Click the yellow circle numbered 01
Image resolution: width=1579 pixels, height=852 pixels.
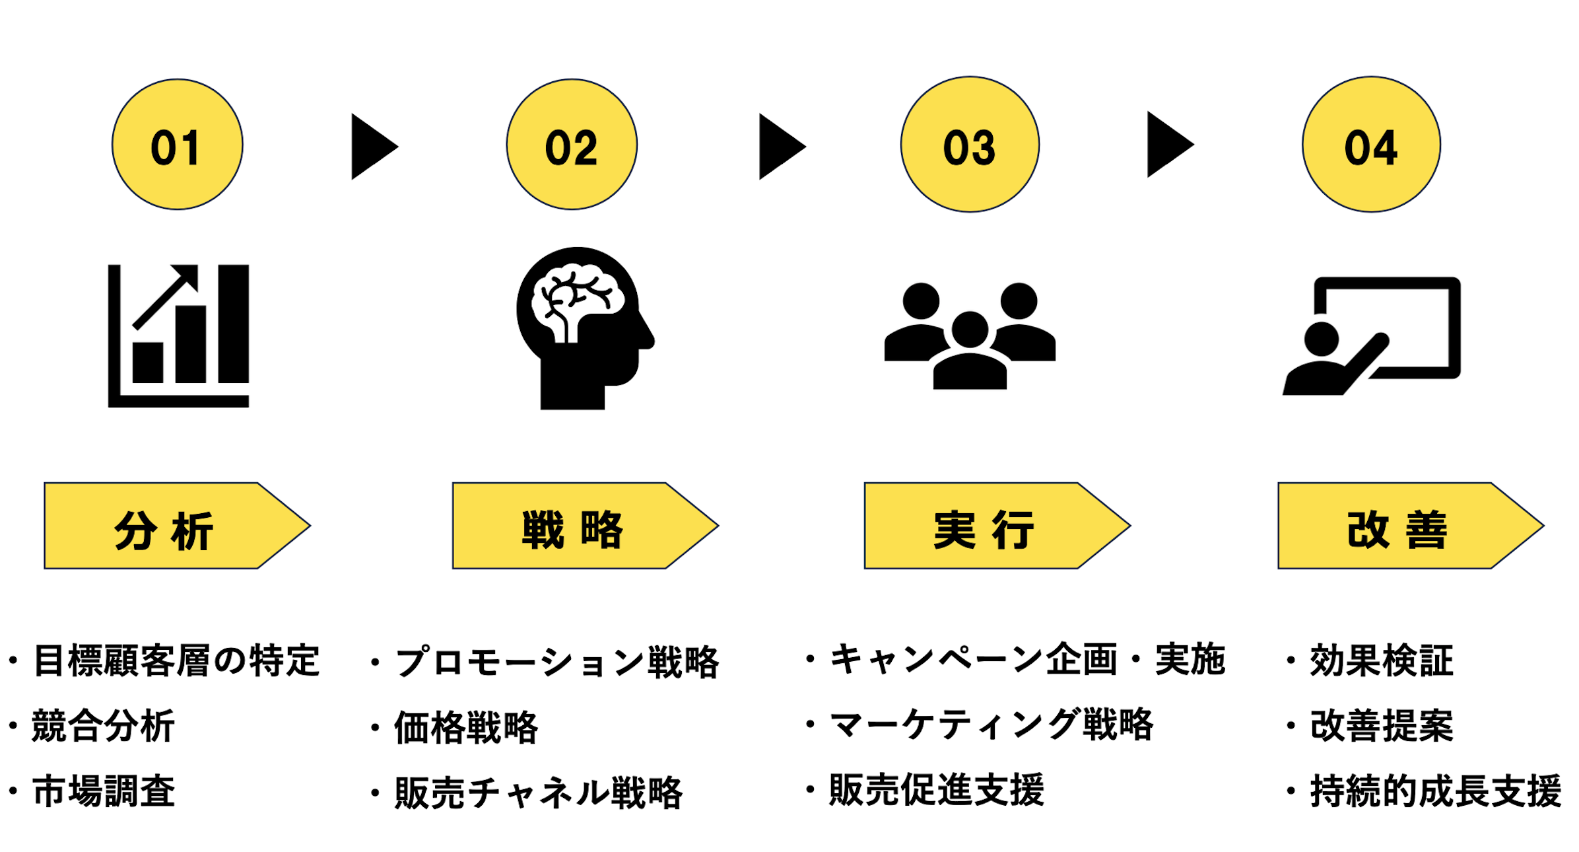coord(177,145)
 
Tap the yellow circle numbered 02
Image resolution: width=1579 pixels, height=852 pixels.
coord(572,145)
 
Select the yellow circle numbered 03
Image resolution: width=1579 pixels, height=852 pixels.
coord(970,145)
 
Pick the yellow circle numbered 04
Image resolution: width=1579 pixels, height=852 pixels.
coord(1371,145)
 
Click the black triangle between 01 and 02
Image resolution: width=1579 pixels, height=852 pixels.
coord(372,147)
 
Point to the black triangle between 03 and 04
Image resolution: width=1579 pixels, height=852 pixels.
coord(1168,145)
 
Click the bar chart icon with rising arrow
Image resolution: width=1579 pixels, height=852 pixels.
coord(179,336)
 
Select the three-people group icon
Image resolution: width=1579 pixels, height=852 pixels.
coord(970,336)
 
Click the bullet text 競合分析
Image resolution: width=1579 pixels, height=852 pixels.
coord(102,726)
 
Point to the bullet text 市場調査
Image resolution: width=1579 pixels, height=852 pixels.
coord(104,791)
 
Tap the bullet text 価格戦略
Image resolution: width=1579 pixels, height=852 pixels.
coord(466,728)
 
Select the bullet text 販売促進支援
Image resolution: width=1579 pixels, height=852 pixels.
coord(937,790)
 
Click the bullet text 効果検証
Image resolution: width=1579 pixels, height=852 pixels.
coord(1381,660)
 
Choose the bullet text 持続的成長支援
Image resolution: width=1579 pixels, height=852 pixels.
coord(1435,791)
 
